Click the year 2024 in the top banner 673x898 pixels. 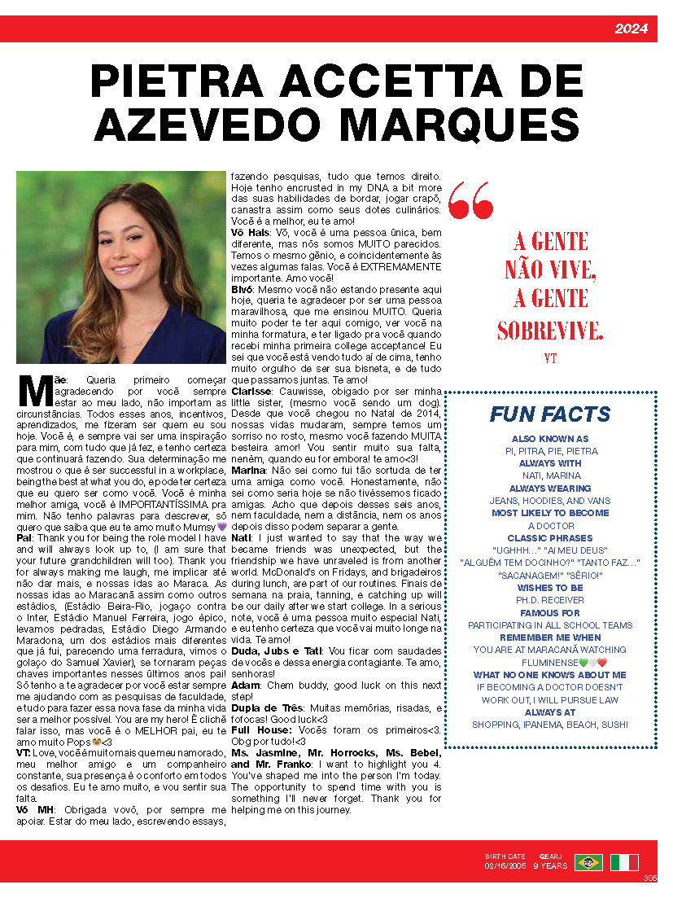[631, 29]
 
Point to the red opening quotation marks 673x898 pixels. [470, 200]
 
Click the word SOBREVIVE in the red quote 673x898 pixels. [550, 331]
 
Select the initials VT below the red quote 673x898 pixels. [550, 357]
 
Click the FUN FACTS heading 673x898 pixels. [549, 414]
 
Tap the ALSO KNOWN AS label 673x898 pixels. [550, 439]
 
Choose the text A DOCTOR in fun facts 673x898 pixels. [550, 525]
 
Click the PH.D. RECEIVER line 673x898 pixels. [550, 600]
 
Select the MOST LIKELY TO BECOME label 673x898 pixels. [550, 513]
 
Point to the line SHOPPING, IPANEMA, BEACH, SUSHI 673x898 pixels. [550, 725]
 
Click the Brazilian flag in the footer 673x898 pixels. [588, 862]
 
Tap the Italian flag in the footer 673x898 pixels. [624, 862]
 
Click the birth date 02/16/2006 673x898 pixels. [505, 866]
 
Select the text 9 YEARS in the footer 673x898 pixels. [551, 866]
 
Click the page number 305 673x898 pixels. [649, 878]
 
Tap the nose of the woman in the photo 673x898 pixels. [120, 249]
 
